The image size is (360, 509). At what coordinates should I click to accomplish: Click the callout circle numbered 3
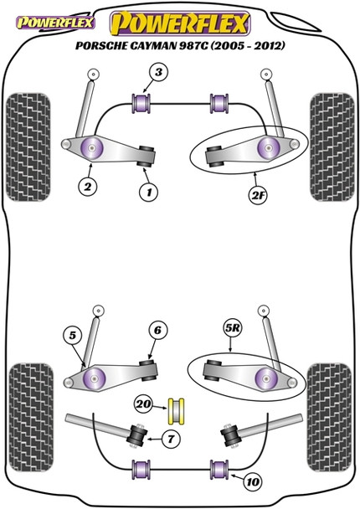pyautogui.click(x=158, y=72)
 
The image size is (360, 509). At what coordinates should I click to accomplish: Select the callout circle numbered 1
pyautogui.click(x=149, y=193)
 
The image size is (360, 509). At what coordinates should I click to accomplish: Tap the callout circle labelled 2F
pyautogui.click(x=258, y=195)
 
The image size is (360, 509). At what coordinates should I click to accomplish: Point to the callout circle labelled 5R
pyautogui.click(x=232, y=328)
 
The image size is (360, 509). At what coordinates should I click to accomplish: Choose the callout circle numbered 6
pyautogui.click(x=157, y=330)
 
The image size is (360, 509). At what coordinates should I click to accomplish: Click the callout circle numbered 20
pyautogui.click(x=143, y=404)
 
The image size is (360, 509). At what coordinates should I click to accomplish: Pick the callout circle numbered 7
pyautogui.click(x=170, y=440)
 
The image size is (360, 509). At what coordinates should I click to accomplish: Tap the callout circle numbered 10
pyautogui.click(x=253, y=482)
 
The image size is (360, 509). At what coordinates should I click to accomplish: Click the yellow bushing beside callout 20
pyautogui.click(x=176, y=411)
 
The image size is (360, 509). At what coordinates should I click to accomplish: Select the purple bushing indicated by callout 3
pyautogui.click(x=141, y=104)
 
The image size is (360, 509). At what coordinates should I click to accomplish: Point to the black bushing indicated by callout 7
pyautogui.click(x=137, y=435)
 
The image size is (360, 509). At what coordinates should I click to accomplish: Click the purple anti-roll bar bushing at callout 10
pyautogui.click(x=219, y=469)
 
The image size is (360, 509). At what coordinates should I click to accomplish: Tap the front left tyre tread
pyautogui.click(x=28, y=147)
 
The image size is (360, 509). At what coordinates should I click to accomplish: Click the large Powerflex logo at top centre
pyautogui.click(x=180, y=23)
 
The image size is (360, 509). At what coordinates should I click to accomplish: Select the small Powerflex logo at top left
pyautogui.click(x=55, y=23)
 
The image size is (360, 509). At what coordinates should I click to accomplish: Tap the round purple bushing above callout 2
pyautogui.click(x=93, y=147)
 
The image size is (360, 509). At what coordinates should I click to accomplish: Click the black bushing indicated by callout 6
pyautogui.click(x=149, y=370)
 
